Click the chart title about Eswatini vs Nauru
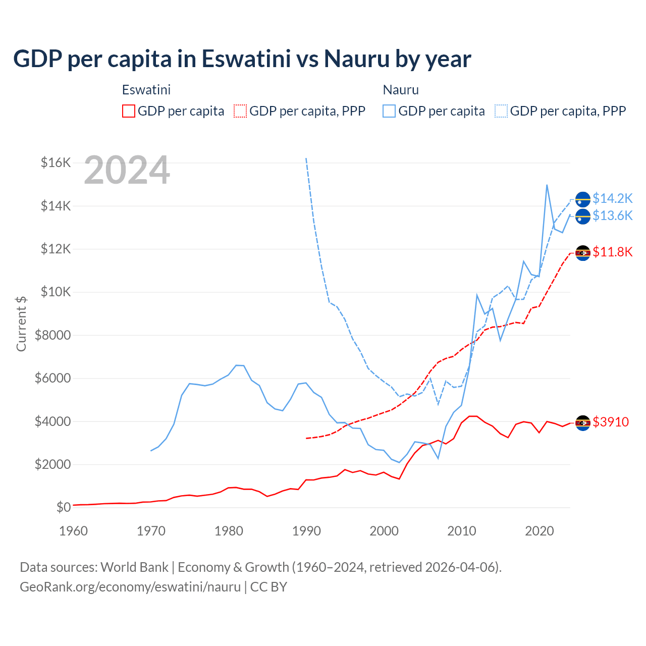[x=242, y=59]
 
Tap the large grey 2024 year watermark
[x=127, y=171]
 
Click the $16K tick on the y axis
[x=56, y=163]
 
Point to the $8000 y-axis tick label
[x=52, y=335]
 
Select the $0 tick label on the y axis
[x=63, y=507]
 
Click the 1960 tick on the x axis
[x=74, y=531]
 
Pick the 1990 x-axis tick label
[x=306, y=531]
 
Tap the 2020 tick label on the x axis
[x=540, y=531]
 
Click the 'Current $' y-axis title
[x=21, y=324]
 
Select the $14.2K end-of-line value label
[x=612, y=198]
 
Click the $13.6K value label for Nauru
[x=612, y=216]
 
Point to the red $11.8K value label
[x=612, y=252]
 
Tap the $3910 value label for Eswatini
[x=611, y=422]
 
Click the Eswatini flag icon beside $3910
[x=583, y=422]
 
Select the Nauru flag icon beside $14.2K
[x=583, y=199]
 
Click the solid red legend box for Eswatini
[x=129, y=111]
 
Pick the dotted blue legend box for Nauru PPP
[x=501, y=111]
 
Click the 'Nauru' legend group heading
[x=401, y=90]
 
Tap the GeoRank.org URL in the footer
[x=130, y=587]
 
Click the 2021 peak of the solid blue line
[x=547, y=185]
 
